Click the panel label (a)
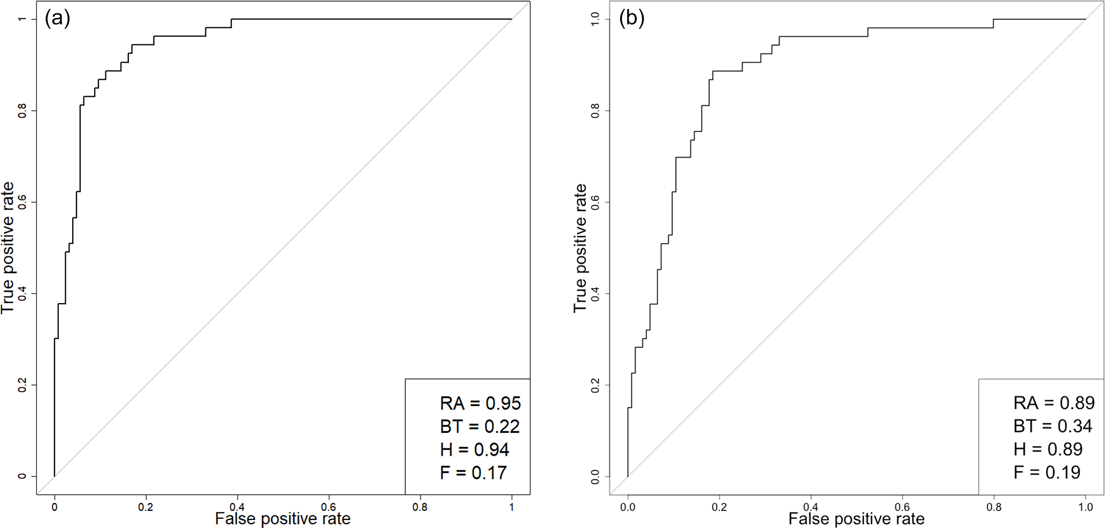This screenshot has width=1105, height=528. tap(58, 19)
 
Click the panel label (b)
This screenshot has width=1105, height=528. tap(631, 19)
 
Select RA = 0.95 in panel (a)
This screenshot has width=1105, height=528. tap(480, 403)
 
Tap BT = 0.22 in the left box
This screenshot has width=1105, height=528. tap(480, 426)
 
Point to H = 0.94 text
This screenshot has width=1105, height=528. tap(474, 450)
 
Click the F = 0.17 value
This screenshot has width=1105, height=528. tap(473, 473)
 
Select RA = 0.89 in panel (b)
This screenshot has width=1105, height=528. tap(1054, 403)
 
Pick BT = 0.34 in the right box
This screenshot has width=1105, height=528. tap(1053, 426)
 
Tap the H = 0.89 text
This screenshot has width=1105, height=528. tap(1048, 449)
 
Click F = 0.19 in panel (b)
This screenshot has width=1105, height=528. tap(1047, 472)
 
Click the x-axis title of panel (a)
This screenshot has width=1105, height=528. tap(283, 519)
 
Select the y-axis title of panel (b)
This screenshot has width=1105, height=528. tap(580, 248)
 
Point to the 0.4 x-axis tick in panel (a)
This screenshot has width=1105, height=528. tap(237, 507)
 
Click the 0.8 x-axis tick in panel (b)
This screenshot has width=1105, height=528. tap(994, 507)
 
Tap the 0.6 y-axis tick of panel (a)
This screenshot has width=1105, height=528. tap(22, 202)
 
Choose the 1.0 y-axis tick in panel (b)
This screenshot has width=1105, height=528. tap(596, 19)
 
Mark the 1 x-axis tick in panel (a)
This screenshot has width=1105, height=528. tap(512, 507)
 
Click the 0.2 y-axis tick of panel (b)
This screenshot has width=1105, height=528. tap(596, 385)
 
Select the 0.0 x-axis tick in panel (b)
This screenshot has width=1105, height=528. tap(628, 507)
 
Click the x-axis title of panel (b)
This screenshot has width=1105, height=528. tap(856, 519)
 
